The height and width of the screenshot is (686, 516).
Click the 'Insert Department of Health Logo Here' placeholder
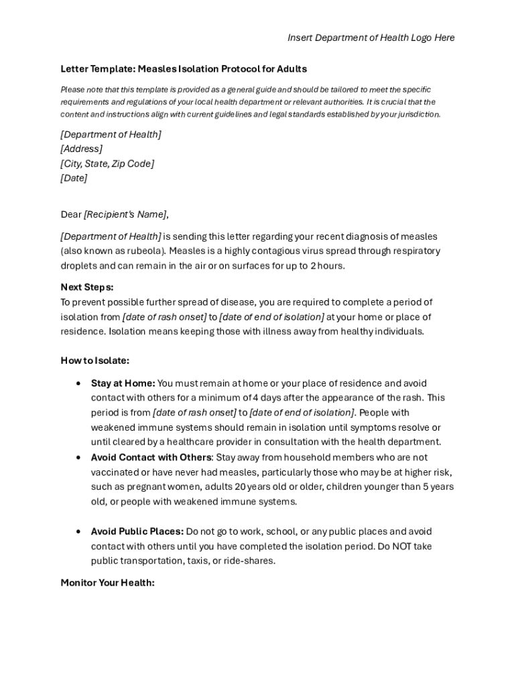coord(371,38)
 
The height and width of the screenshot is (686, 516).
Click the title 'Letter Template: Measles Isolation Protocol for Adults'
coord(184,68)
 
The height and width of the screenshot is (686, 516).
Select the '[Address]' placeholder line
coord(81,149)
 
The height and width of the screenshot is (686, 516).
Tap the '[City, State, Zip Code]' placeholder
coord(107,163)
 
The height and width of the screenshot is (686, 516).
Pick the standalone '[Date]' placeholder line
coord(74,178)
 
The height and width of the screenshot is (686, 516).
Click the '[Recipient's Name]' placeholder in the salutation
coord(125,214)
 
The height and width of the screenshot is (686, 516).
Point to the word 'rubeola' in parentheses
coord(144,251)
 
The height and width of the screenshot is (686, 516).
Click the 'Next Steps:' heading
coord(87,287)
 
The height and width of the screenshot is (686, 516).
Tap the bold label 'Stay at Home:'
coord(123,383)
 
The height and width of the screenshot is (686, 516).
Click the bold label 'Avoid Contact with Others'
coord(151,458)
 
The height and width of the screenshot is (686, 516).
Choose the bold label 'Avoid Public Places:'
coord(137,531)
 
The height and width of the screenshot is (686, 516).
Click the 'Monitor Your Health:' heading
coord(108,583)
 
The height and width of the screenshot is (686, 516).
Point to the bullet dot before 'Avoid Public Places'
coord(79,531)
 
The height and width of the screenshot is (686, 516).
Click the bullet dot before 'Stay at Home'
coord(79,383)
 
